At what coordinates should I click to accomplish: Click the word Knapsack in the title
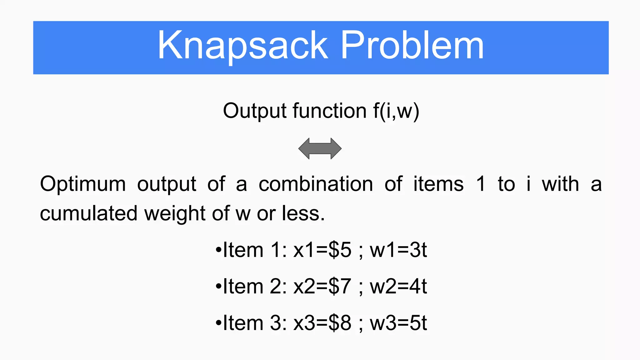click(x=243, y=46)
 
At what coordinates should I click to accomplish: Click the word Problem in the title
click(x=412, y=46)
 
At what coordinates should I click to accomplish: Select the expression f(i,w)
click(x=396, y=111)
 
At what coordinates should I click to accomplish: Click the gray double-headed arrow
click(x=320, y=148)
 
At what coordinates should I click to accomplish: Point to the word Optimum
click(x=83, y=184)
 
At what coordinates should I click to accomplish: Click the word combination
click(x=316, y=184)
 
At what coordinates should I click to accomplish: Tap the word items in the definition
click(x=438, y=184)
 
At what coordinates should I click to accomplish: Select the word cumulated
click(x=89, y=213)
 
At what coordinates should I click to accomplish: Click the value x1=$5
click(x=322, y=250)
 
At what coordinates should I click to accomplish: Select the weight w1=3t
click(x=398, y=250)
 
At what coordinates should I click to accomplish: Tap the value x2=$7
click(x=322, y=286)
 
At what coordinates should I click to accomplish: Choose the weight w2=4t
click(x=398, y=286)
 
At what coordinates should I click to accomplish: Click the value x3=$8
click(x=322, y=323)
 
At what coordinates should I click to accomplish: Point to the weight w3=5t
click(x=398, y=323)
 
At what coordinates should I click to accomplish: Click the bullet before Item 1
click(x=218, y=251)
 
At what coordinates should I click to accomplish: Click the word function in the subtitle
click(x=330, y=111)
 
